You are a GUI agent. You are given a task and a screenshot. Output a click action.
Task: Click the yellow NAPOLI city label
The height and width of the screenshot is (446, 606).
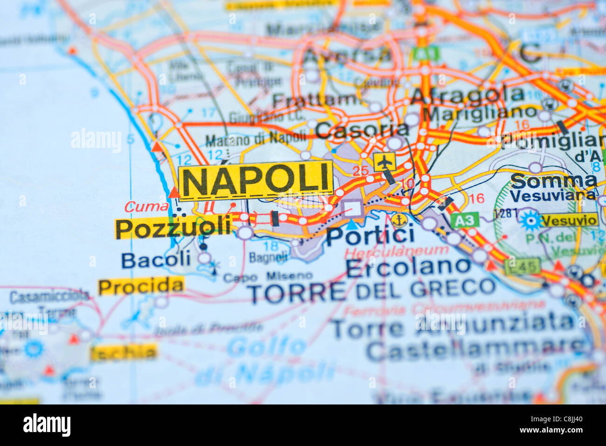pos(256,180)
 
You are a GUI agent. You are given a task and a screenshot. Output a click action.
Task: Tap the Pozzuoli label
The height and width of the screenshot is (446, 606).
pos(173,228)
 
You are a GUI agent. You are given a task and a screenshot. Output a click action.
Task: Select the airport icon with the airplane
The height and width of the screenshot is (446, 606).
pos(385,162)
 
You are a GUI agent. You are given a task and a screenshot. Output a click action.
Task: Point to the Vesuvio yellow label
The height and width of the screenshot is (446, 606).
pos(570,220)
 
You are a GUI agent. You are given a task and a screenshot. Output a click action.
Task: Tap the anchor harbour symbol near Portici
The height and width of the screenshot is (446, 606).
pos(399,220)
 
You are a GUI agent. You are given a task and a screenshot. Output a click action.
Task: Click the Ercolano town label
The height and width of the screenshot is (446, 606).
pos(408,267)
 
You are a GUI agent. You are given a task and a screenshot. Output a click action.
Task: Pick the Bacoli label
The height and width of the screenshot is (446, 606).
pos(156,260)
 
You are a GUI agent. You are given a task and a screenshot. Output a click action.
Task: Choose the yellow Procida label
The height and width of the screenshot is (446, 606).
pos(141,286)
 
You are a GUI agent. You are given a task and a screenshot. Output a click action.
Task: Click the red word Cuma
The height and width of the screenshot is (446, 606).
pos(146,207)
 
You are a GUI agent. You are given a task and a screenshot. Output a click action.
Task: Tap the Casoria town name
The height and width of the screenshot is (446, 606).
pos(362,130)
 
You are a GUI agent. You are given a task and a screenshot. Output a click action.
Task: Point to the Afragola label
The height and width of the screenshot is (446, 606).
pos(467,95)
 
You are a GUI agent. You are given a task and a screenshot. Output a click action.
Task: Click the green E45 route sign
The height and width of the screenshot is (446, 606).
pos(522,266)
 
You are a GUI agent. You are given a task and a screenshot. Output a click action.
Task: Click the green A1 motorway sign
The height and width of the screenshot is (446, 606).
pos(426,53)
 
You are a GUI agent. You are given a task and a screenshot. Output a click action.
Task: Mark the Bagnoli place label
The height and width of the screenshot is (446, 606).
pos(269,257)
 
